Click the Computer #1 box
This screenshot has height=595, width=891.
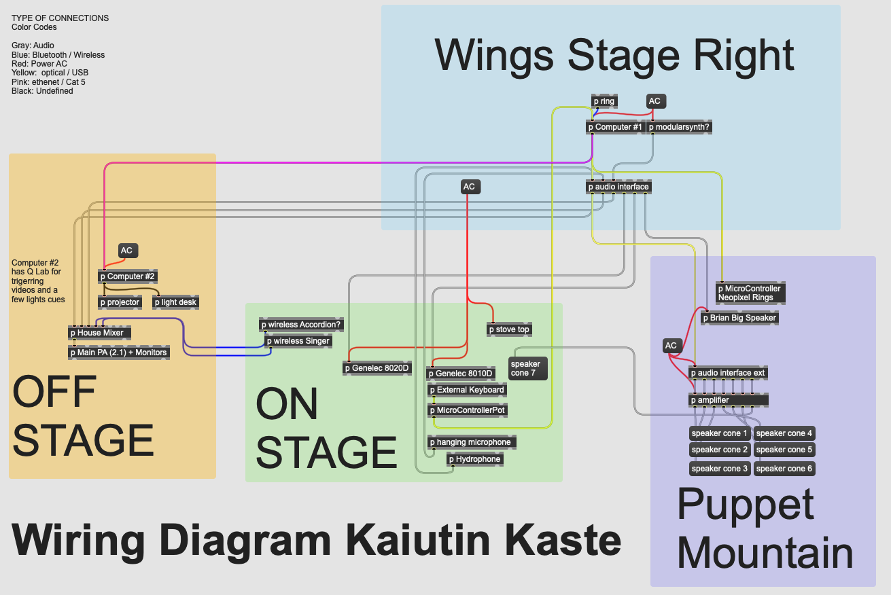pos(614,127)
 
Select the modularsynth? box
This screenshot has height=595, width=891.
pos(680,127)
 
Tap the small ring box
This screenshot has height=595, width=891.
pos(604,101)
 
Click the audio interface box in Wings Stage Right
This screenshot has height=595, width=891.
pos(618,187)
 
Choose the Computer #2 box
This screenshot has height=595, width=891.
pos(128,276)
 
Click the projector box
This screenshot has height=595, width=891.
pos(120,302)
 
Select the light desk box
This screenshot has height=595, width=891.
pos(175,302)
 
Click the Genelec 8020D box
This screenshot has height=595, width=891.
pos(377,368)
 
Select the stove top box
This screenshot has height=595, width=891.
pos(509,329)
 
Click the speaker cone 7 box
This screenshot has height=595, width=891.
pos(528,368)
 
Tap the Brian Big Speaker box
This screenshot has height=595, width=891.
pos(739,318)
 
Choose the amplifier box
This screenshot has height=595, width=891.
pos(728,400)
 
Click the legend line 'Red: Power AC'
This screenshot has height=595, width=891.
pos(39,64)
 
